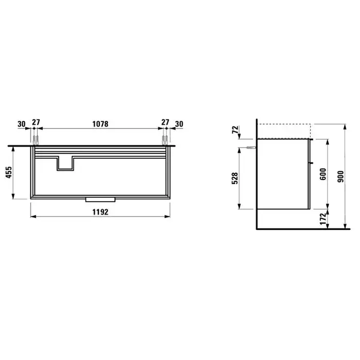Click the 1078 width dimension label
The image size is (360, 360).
pos(100,124)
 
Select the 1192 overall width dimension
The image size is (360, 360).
pos(100,212)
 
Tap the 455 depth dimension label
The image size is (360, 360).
pos(9,172)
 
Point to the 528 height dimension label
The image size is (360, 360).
pos(235,178)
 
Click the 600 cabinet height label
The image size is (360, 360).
pos(323,174)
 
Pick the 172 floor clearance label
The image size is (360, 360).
pos(323,219)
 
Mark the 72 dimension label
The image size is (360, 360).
pos(236,130)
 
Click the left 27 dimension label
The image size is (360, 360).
pos(36,122)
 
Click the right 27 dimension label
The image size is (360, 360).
pos(165,122)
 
